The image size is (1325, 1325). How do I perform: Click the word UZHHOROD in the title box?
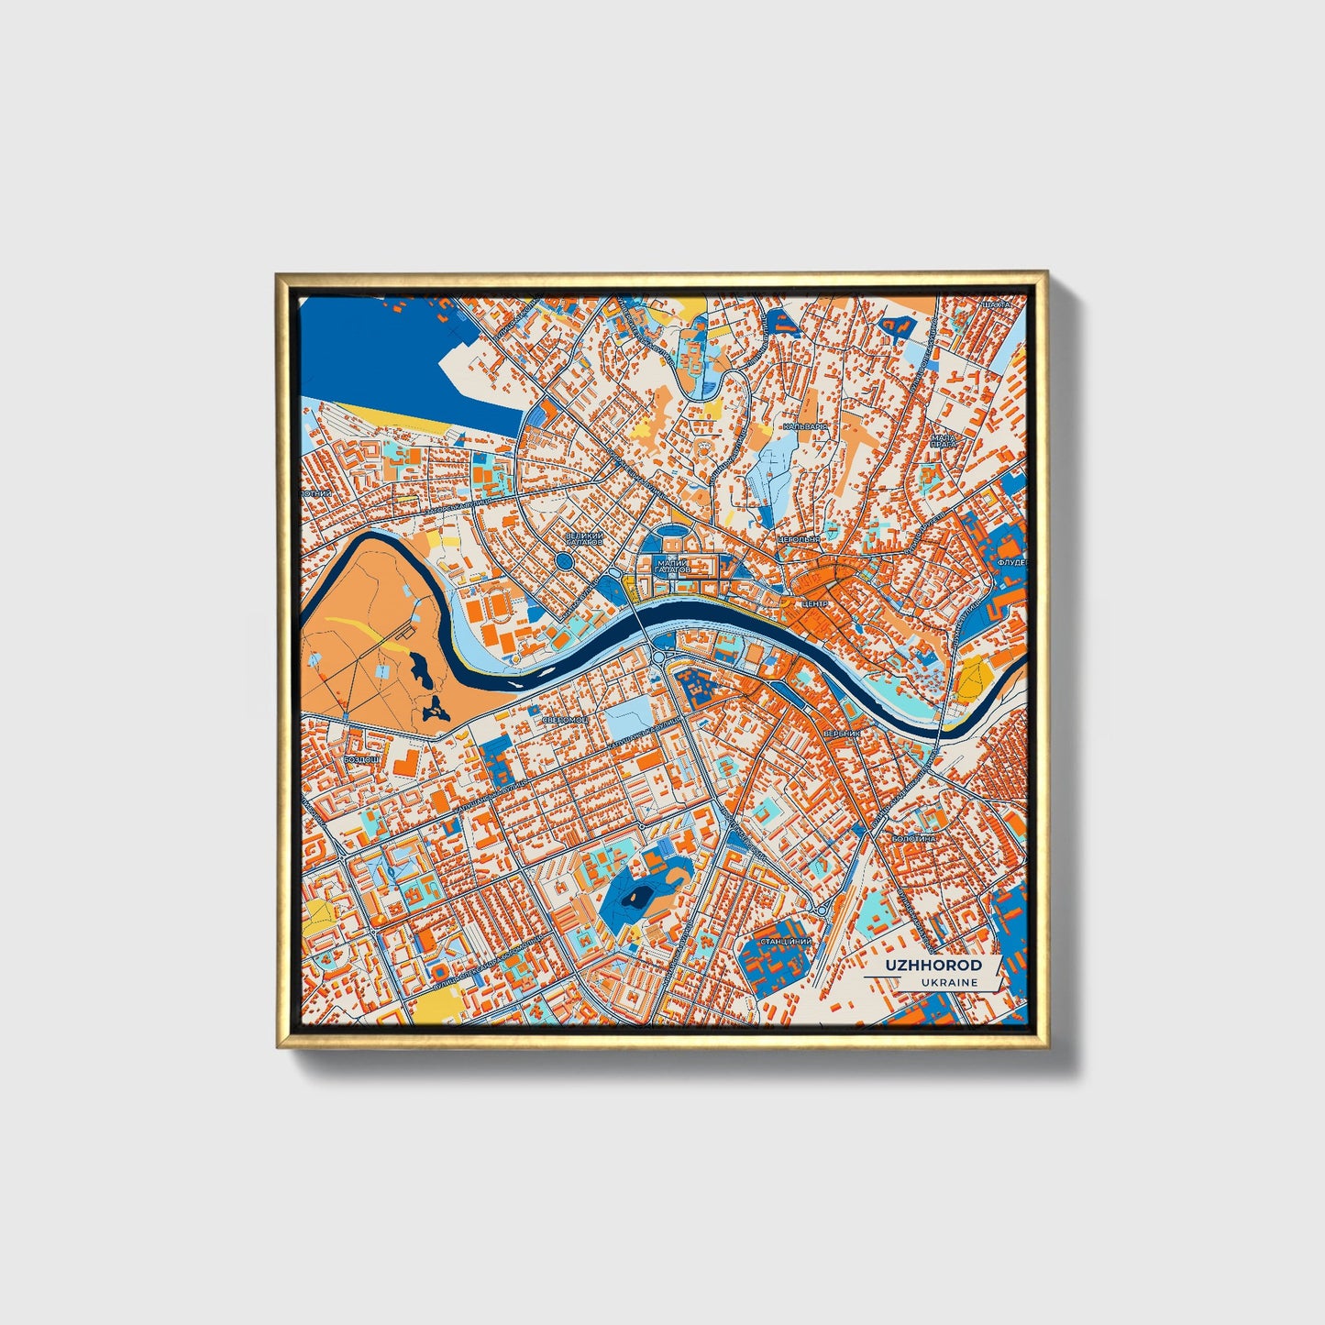(x=933, y=965)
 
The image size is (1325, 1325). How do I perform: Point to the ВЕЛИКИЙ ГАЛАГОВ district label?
(x=584, y=539)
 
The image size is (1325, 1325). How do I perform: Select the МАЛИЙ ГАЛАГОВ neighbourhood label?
(x=672, y=567)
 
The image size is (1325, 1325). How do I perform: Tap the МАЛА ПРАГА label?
(x=944, y=442)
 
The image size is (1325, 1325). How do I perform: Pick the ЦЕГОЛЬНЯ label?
(x=798, y=540)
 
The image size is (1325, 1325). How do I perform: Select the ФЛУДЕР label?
(x=1012, y=561)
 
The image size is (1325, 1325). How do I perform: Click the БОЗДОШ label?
(x=360, y=759)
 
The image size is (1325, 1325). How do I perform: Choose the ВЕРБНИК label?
(x=842, y=734)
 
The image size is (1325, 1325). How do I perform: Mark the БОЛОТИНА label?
(x=913, y=838)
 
